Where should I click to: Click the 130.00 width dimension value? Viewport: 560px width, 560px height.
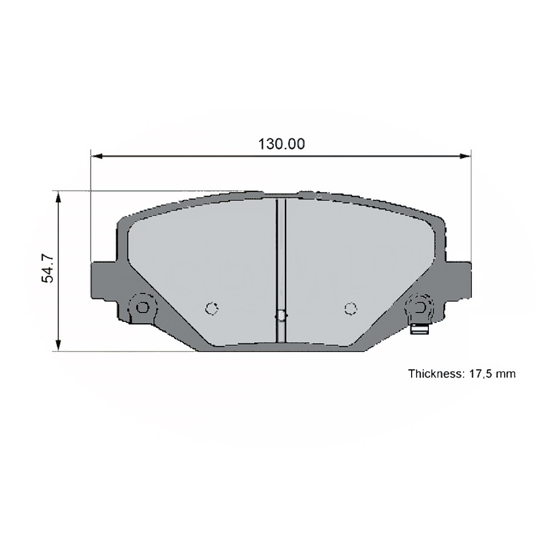pyautogui.click(x=281, y=144)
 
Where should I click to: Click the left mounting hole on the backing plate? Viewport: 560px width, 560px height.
pyautogui.click(x=143, y=306)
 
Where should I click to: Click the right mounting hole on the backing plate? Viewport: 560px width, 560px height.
pyautogui.click(x=419, y=306)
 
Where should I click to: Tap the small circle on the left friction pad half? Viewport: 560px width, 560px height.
pyautogui.click(x=212, y=308)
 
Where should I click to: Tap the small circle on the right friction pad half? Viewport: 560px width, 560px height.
pyautogui.click(x=350, y=308)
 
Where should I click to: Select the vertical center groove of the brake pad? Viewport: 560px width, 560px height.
pyautogui.click(x=281, y=258)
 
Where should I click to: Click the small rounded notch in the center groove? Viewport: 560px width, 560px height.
pyautogui.click(x=281, y=316)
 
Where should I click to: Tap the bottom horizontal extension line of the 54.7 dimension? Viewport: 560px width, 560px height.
pyautogui.click(x=123, y=351)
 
